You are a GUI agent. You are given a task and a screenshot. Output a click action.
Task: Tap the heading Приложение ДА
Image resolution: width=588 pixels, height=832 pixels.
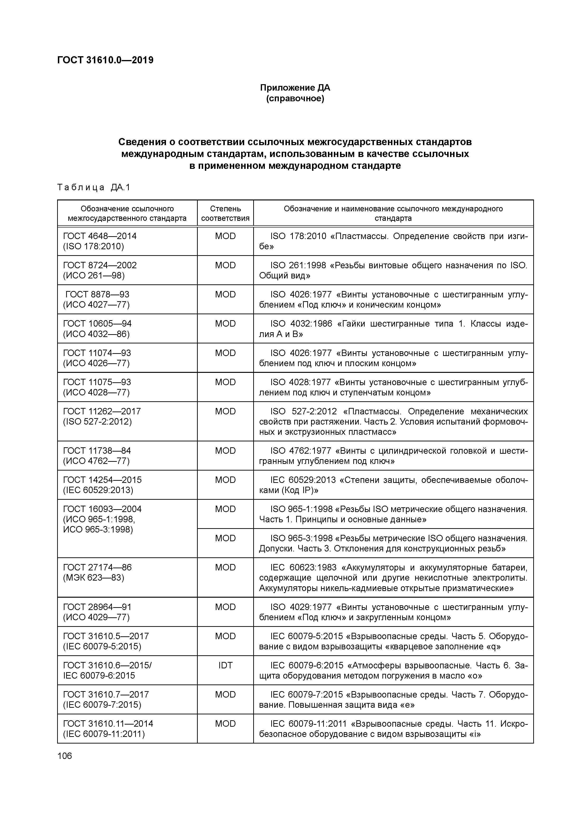[x=295, y=88]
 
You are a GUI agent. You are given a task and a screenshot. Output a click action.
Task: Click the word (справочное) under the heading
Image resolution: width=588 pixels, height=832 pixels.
[x=295, y=99]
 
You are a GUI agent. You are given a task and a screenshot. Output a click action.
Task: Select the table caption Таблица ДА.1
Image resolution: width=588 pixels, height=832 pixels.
[x=93, y=187]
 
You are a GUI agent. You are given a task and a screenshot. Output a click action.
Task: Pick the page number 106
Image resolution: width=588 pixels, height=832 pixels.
[x=65, y=756]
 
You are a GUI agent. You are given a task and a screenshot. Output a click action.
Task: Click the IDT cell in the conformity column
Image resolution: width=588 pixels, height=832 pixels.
[x=225, y=665]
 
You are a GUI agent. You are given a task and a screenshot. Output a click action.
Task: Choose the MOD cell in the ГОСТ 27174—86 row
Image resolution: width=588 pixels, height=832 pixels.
[x=225, y=568]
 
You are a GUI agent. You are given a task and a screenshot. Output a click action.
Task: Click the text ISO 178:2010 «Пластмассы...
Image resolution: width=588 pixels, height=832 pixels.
[x=330, y=236]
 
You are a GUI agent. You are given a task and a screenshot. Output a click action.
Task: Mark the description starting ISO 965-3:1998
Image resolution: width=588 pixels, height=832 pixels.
[x=393, y=544]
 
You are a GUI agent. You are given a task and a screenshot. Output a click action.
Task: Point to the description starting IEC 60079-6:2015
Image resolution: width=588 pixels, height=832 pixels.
[x=393, y=671]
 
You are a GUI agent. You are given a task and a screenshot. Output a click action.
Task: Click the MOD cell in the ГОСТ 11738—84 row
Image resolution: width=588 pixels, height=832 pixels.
[x=225, y=451]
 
